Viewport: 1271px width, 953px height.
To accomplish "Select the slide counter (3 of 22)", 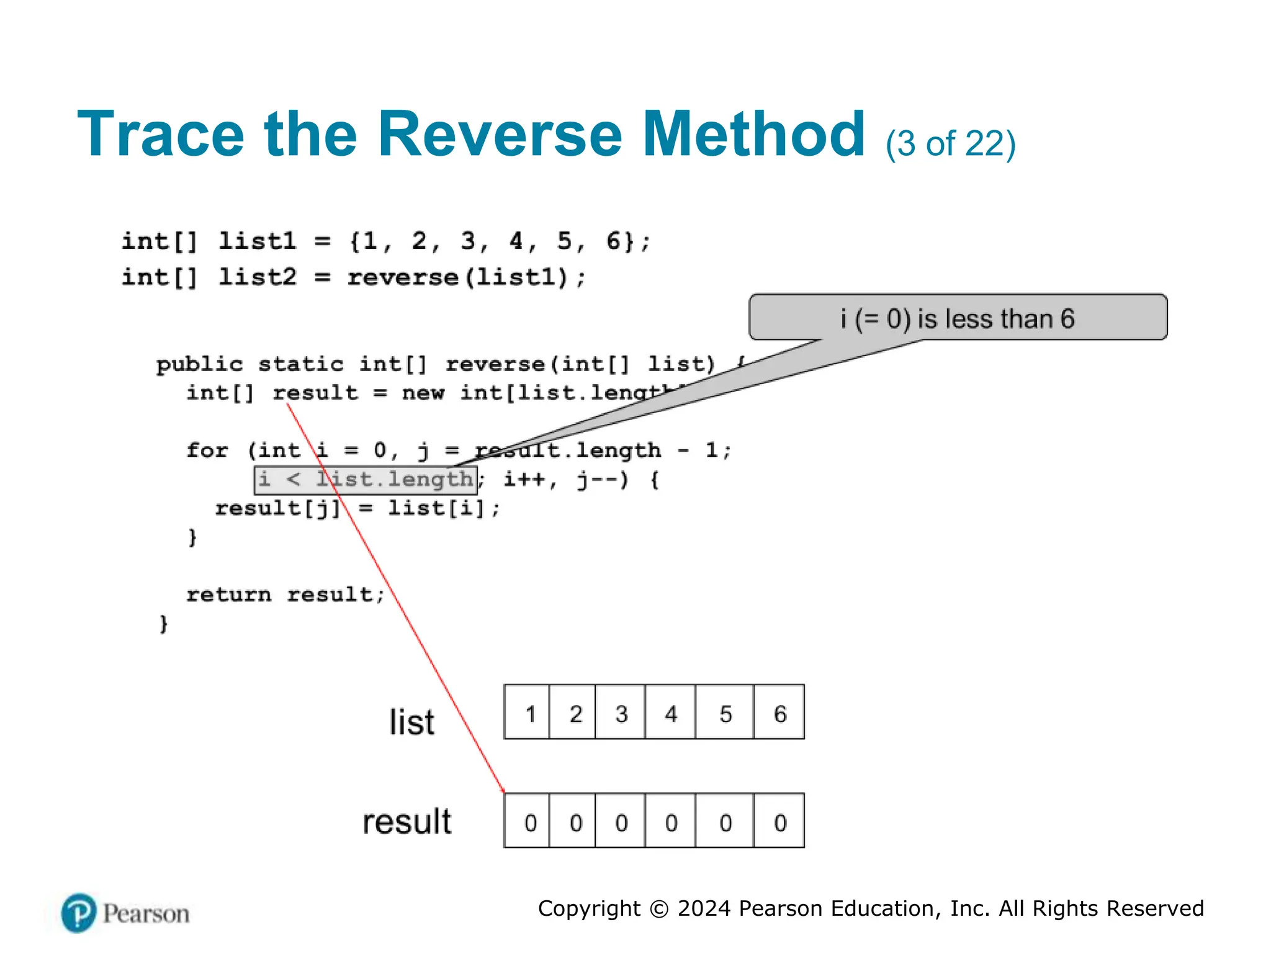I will [x=950, y=144].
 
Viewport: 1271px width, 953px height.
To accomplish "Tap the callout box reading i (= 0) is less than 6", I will [x=958, y=318].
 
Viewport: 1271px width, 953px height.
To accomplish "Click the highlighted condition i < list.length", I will [x=366, y=480].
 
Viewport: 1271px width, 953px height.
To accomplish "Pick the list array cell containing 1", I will [x=528, y=713].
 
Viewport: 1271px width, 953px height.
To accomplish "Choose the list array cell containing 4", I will [x=670, y=713].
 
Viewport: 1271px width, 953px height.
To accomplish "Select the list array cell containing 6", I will [x=779, y=713].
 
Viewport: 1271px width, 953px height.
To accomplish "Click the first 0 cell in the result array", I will [x=528, y=821].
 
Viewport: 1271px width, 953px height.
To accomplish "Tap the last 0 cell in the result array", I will [x=779, y=821].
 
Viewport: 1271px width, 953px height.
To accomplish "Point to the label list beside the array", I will [x=411, y=722].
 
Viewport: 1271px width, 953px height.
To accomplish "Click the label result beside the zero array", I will [x=407, y=821].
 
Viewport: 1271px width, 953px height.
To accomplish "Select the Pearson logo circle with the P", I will [x=79, y=913].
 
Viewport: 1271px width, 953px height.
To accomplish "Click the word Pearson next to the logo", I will [x=146, y=914].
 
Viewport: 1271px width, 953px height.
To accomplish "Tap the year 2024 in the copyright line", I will [x=704, y=908].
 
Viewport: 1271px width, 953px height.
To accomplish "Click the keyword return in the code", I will [x=228, y=594].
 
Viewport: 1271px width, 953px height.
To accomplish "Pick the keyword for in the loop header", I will [x=207, y=450].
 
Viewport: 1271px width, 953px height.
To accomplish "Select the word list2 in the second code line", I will [x=258, y=277].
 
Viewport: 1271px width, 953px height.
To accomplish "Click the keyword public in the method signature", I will [x=199, y=364].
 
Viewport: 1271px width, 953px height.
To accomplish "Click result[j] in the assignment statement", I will [x=277, y=508].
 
